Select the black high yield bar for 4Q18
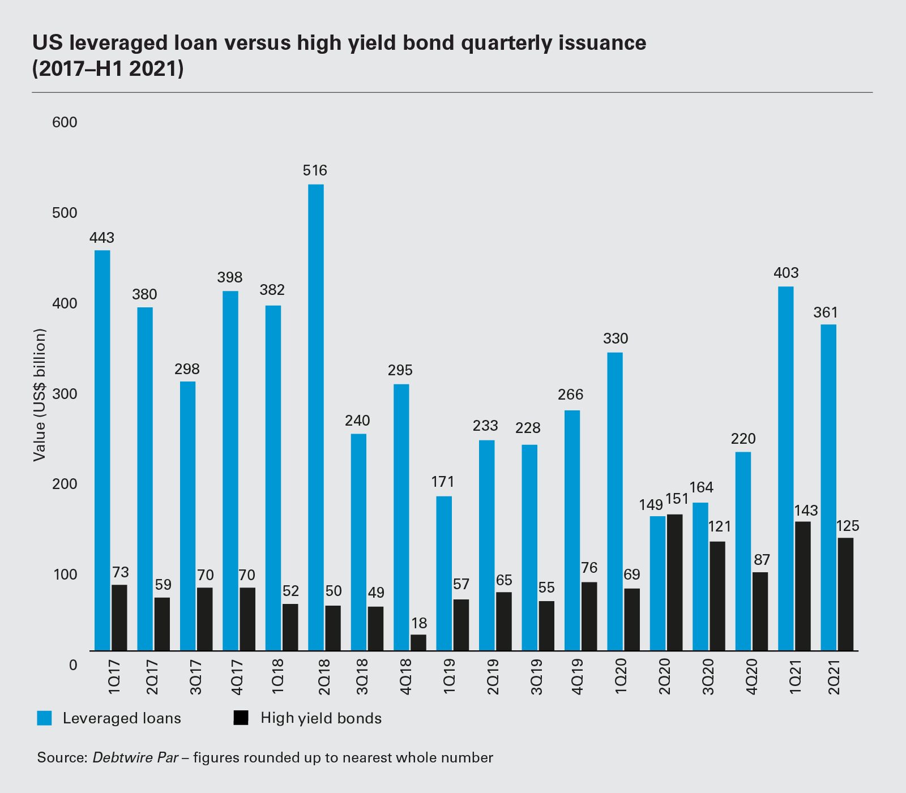point(418,642)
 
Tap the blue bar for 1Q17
point(102,451)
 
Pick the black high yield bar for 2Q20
point(674,582)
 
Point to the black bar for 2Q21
point(845,594)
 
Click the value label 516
point(315,170)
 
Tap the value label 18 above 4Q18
point(419,623)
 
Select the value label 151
point(677,499)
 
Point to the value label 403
point(786,273)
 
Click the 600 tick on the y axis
point(65,123)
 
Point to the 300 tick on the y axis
point(65,394)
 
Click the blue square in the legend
point(44,718)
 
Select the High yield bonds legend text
point(321,718)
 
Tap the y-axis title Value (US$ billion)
point(39,394)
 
